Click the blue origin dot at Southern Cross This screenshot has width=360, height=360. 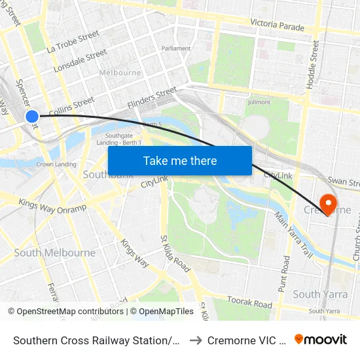point(32,117)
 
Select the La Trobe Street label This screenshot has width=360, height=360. point(73,41)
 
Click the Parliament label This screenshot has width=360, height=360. point(177,48)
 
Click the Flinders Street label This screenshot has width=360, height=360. point(153,97)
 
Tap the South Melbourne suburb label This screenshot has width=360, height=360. point(54,253)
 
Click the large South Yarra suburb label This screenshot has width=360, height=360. point(316,294)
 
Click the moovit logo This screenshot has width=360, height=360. point(320,339)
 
